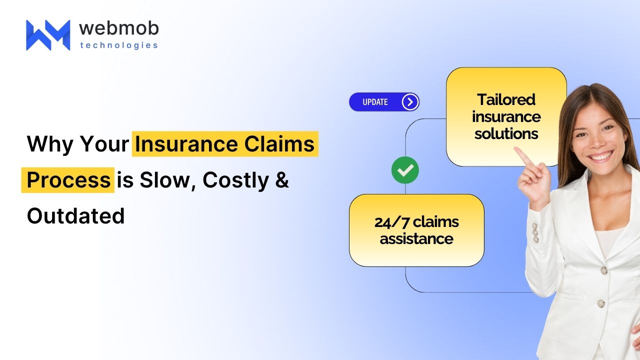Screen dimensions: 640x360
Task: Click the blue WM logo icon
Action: click(x=48, y=35)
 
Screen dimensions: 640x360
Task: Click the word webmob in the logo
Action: click(x=119, y=28)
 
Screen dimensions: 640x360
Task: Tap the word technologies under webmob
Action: click(x=119, y=45)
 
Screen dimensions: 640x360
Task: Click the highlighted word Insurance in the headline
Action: click(x=186, y=143)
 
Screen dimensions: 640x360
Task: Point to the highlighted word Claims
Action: click(x=279, y=143)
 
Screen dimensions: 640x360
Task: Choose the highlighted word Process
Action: click(x=68, y=180)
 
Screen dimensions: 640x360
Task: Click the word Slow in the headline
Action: click(x=167, y=180)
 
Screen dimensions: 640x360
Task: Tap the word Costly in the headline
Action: click(x=235, y=180)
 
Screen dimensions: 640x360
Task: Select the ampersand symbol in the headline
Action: click(x=282, y=180)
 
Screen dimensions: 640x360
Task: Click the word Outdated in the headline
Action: click(x=75, y=216)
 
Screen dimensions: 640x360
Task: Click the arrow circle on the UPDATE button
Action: click(x=410, y=101)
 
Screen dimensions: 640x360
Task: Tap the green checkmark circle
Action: click(x=405, y=170)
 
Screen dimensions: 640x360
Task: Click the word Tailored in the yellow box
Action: click(x=506, y=99)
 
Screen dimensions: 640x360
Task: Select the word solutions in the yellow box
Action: click(x=506, y=133)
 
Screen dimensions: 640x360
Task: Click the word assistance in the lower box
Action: click(x=416, y=239)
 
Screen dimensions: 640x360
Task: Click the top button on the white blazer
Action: click(x=603, y=270)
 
